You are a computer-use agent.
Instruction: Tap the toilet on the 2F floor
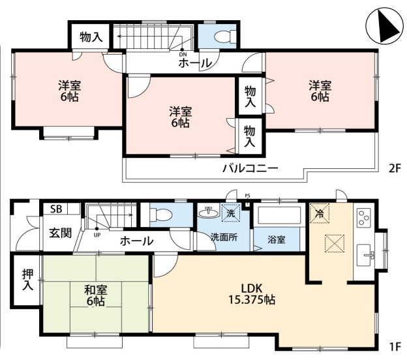[x=225, y=36]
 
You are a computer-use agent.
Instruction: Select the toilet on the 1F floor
[x=161, y=215]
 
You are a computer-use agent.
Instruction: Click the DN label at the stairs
[x=183, y=55]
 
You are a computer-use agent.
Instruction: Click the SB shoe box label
[x=56, y=209]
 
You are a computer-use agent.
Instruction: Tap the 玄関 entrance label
[x=61, y=233]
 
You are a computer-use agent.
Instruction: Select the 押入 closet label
[x=28, y=280]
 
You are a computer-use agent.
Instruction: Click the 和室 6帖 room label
[x=96, y=295]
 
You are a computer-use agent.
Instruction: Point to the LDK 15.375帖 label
[x=252, y=294]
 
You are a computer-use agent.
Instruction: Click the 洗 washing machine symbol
[x=231, y=213]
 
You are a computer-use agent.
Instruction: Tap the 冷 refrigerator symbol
[x=320, y=213]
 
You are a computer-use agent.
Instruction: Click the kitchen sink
[x=365, y=255]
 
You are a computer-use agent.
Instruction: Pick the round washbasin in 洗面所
[x=209, y=213]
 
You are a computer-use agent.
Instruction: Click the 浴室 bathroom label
[x=277, y=239]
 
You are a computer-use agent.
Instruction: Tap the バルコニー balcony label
[x=250, y=168]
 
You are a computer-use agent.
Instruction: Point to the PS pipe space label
[x=248, y=196]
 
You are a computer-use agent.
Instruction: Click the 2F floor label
[x=395, y=169]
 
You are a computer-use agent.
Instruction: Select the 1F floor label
[x=395, y=347]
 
